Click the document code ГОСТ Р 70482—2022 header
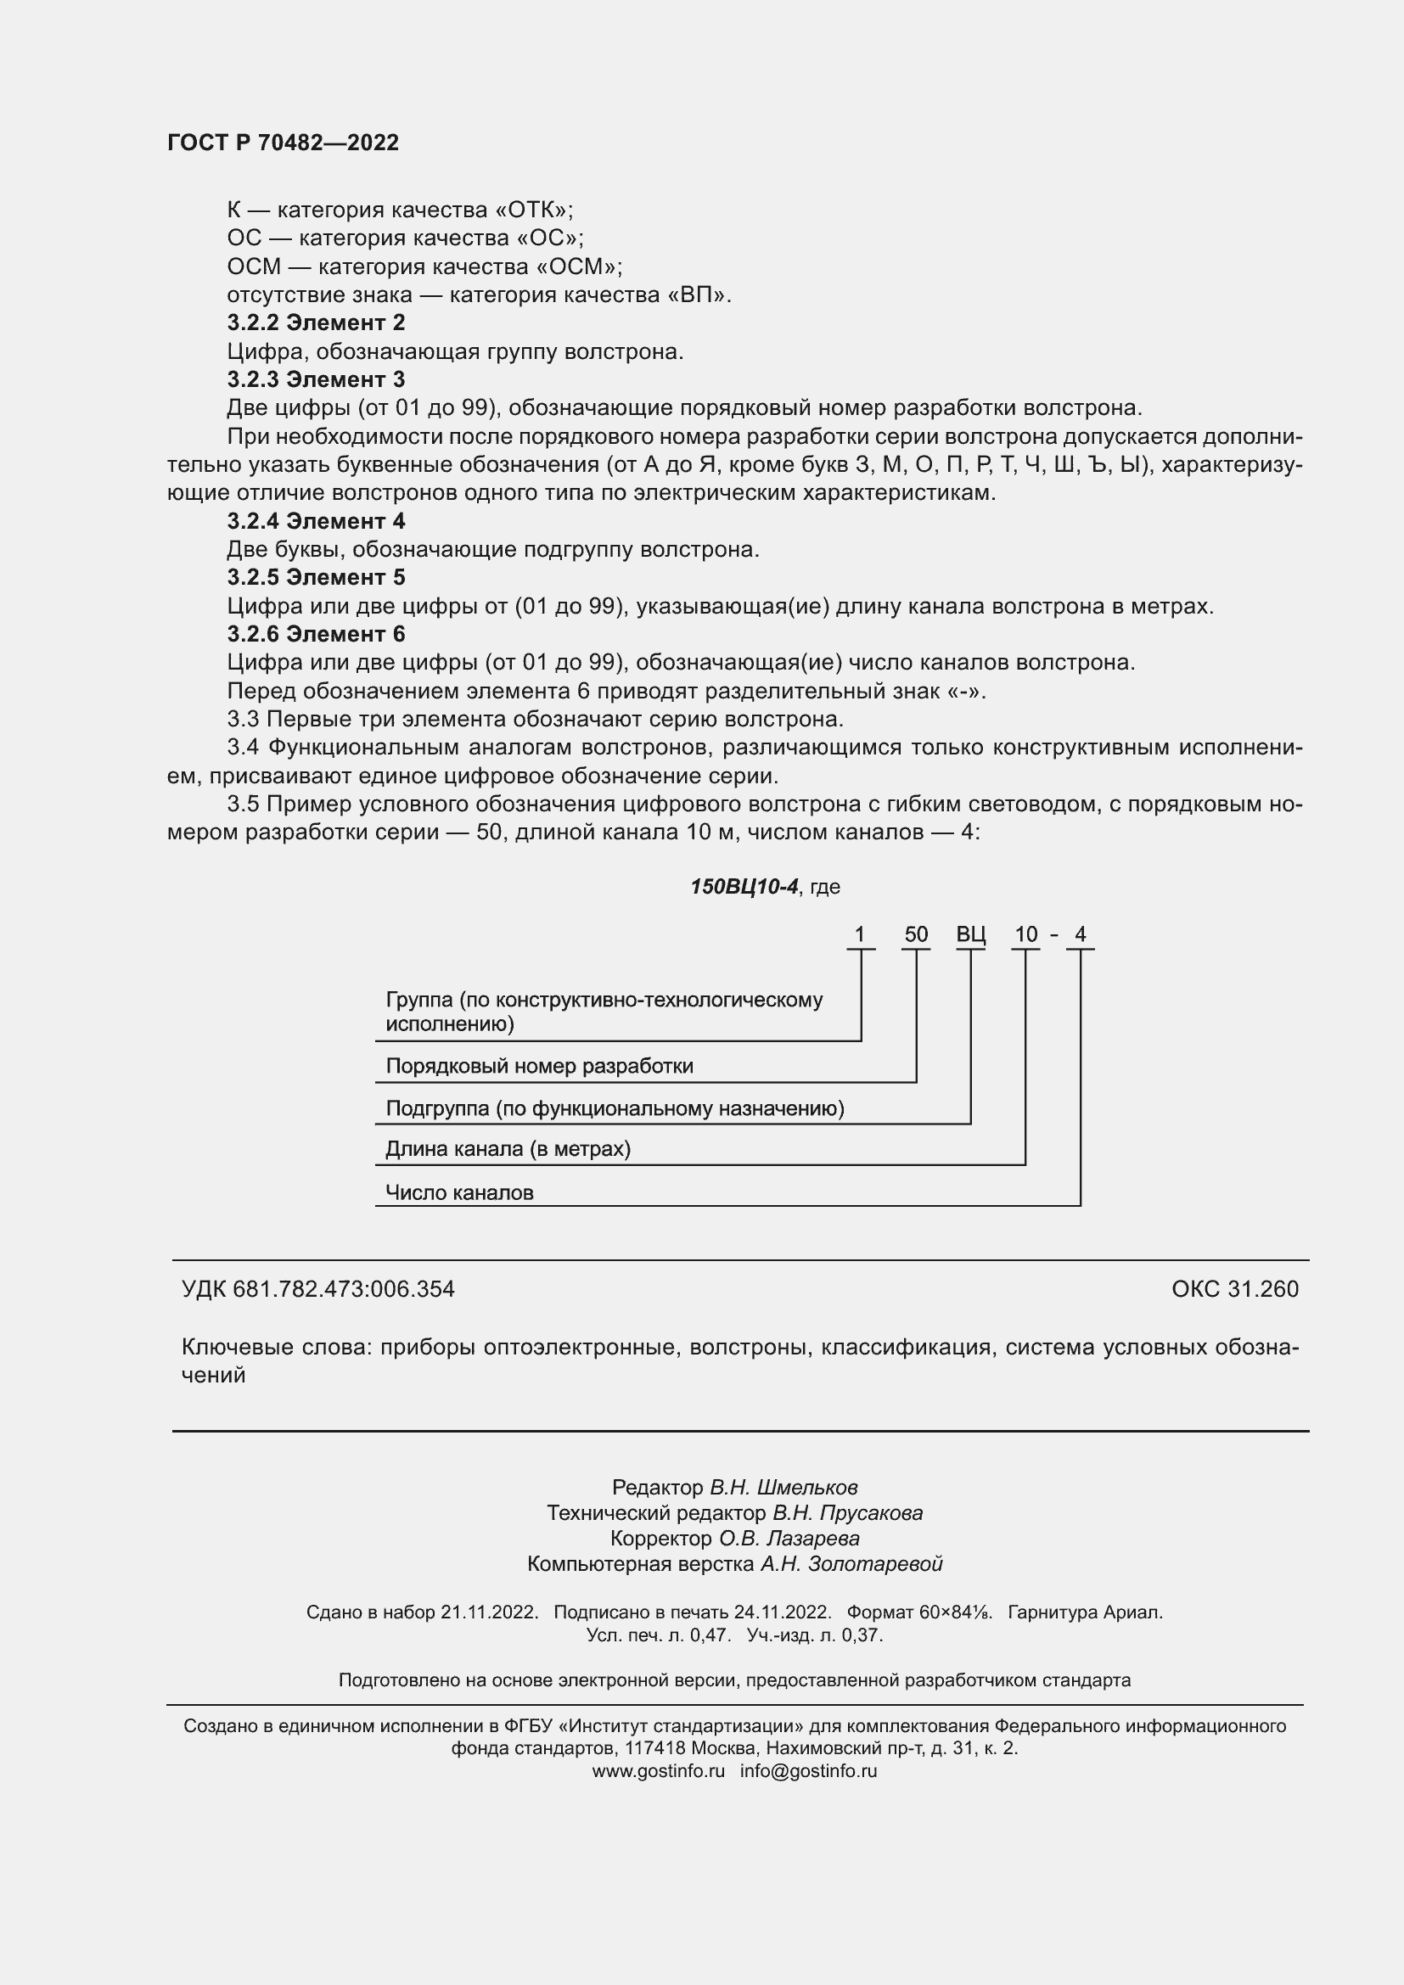point(283,143)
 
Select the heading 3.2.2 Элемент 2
point(316,323)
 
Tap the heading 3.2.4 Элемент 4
point(316,521)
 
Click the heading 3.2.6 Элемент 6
point(316,635)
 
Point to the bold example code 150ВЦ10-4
point(744,887)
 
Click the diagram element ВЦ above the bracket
point(970,934)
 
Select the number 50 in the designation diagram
point(916,934)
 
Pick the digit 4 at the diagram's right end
point(1080,934)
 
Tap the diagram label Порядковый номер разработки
point(539,1066)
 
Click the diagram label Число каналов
point(459,1193)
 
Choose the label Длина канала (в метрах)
point(508,1149)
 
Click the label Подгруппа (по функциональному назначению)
point(614,1108)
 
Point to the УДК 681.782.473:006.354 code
point(317,1289)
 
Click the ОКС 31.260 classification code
point(1234,1289)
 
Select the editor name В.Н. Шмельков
point(783,1488)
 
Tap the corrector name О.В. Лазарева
point(789,1539)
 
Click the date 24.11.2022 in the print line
point(782,1612)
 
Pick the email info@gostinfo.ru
point(807,1770)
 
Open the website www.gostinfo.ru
point(658,1770)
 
